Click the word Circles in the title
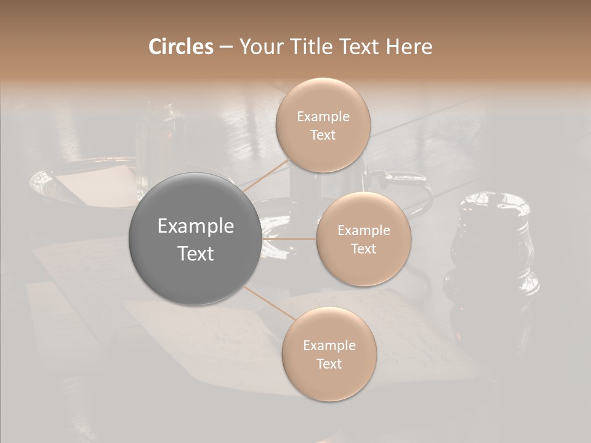[180, 47]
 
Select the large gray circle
[195, 239]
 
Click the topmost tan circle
[323, 124]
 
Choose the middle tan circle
[363, 239]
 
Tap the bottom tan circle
[329, 354]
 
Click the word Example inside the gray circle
[195, 226]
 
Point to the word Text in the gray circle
[195, 253]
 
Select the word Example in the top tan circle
[323, 116]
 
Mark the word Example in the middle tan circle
[363, 230]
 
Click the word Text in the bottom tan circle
[329, 364]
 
